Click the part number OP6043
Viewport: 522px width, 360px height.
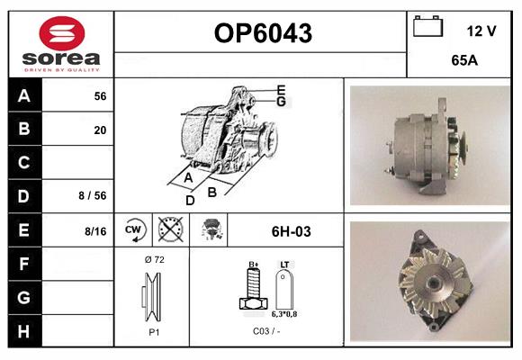point(262,33)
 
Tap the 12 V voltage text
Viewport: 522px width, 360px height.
point(481,31)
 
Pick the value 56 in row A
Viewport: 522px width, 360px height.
point(100,95)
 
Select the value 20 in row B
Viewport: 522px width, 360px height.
point(100,130)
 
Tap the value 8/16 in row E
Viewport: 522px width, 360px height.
point(94,231)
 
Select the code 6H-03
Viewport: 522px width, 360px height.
point(291,231)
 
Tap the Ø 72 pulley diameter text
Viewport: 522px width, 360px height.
point(153,259)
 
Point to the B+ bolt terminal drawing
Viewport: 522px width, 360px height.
point(253,292)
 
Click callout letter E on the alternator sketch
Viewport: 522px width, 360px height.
point(281,89)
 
